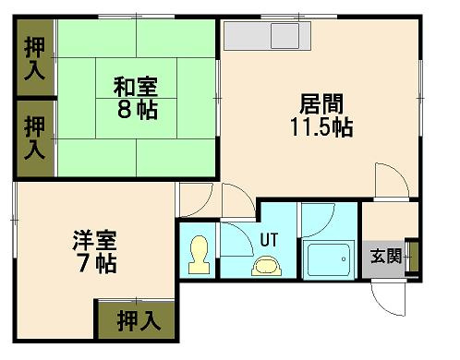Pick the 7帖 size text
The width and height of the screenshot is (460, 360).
94,264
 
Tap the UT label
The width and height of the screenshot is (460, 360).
269,239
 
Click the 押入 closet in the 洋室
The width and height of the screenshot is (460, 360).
139,321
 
